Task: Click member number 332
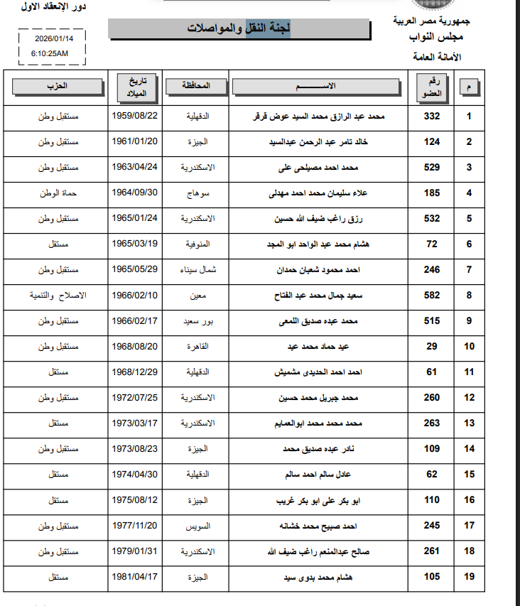432,117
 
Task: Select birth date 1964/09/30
135,193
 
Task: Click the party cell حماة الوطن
53,193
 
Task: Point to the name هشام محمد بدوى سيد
318,577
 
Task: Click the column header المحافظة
197,86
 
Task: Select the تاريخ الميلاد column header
135,86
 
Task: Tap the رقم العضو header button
432,87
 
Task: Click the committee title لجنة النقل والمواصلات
239,29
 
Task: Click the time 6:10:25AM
50,53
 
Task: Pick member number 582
432,296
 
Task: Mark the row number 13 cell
469,423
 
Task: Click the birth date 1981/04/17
135,576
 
